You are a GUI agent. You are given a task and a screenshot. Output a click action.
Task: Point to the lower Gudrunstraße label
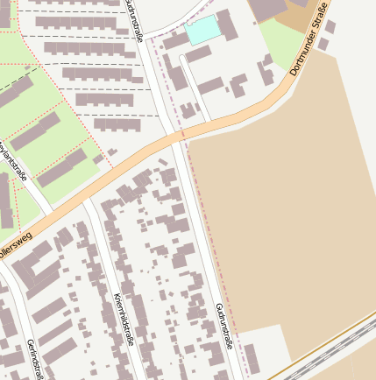tap(224, 327)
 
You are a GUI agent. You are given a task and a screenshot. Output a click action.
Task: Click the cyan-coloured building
tap(202, 29)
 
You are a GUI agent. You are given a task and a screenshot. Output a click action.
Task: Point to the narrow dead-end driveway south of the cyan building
tap(195, 88)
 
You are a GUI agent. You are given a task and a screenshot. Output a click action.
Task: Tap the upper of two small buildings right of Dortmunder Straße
tap(331, 26)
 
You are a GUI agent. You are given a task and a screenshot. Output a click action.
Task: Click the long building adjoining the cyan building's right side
tap(227, 24)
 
